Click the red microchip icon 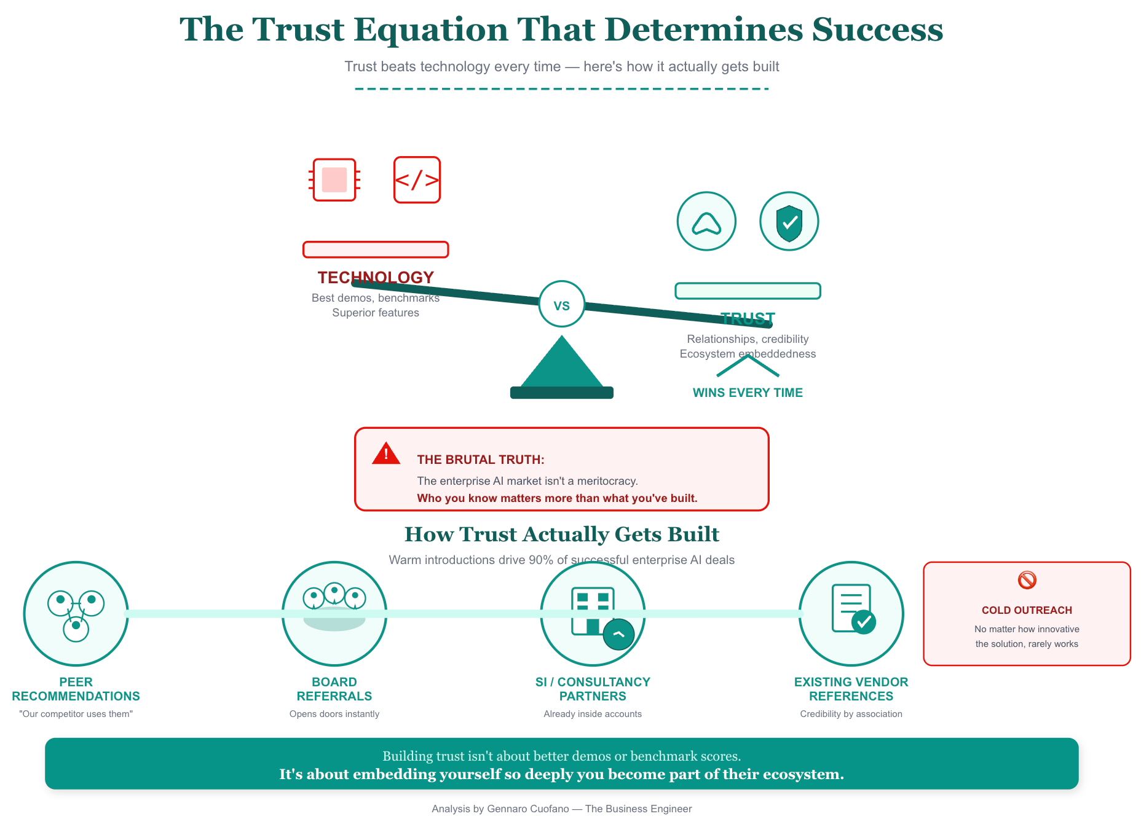click(334, 180)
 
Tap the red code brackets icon click(417, 180)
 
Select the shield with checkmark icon click(789, 222)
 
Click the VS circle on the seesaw click(561, 305)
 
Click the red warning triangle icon click(386, 454)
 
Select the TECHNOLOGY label click(376, 278)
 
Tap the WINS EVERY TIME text click(748, 393)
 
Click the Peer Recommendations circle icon click(76, 614)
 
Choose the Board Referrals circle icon click(334, 614)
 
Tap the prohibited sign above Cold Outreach click(1027, 580)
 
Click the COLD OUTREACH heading click(1027, 611)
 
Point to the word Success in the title click(877, 29)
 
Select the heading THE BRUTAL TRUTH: click(481, 460)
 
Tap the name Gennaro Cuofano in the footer click(527, 809)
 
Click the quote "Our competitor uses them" click(76, 714)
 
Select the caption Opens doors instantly click(334, 714)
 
